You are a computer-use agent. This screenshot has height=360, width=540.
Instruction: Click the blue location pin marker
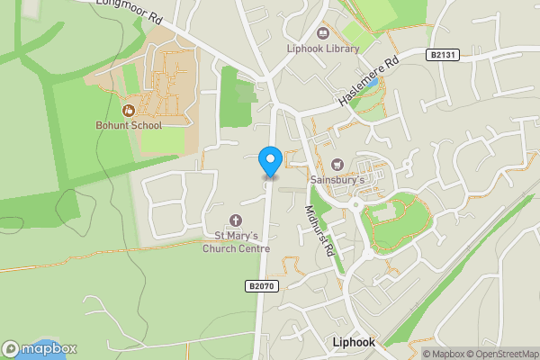[269, 160]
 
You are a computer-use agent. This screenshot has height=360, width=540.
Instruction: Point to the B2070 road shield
[259, 286]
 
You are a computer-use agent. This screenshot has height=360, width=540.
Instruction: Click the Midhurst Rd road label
[319, 232]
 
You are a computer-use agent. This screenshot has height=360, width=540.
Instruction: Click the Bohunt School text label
[129, 125]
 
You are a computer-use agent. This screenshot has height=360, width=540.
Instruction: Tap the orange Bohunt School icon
[129, 111]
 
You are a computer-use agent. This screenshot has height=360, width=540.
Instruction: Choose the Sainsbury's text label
[337, 179]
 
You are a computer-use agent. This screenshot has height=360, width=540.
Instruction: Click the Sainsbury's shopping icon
[337, 164]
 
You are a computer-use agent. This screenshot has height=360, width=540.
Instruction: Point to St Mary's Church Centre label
[236, 242]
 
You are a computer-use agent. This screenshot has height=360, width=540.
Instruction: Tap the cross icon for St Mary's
[236, 220]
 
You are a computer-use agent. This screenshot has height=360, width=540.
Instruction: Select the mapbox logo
[39, 349]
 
